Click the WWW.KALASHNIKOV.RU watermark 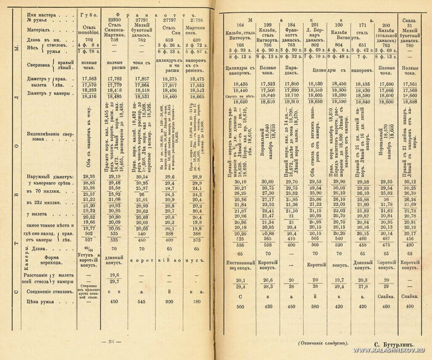pos(375,355)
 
